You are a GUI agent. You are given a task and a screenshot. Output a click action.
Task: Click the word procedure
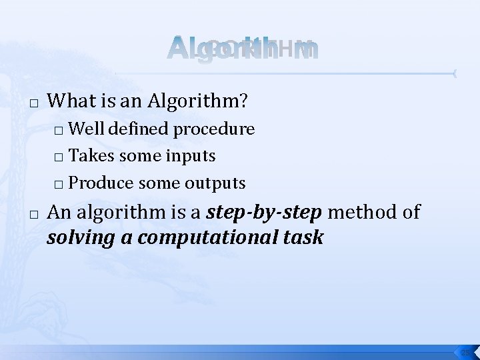pyautogui.click(x=214, y=129)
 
